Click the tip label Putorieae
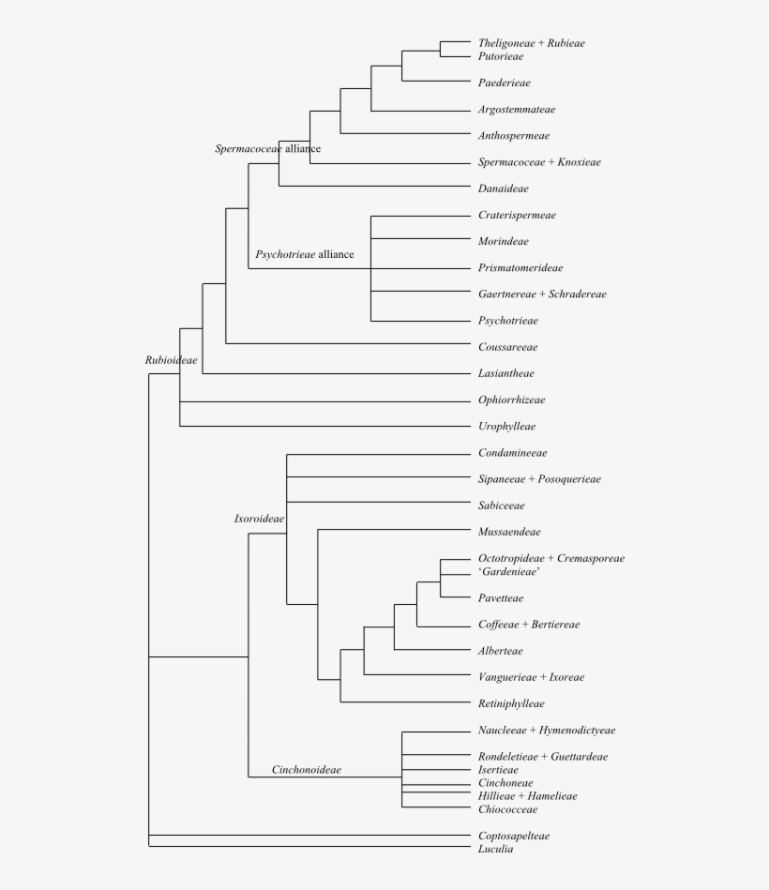click(x=500, y=57)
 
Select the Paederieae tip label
click(x=504, y=83)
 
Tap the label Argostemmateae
click(x=516, y=110)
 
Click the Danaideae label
click(x=503, y=189)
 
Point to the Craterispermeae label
click(x=517, y=215)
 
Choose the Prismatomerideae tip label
click(x=520, y=268)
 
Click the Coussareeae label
click(x=507, y=347)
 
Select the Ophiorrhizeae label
click(x=511, y=400)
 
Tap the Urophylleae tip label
click(x=506, y=427)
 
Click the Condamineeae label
click(x=512, y=453)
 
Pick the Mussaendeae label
click(x=509, y=532)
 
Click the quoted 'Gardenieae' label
click(x=508, y=572)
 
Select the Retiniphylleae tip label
click(x=511, y=703)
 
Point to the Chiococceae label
click(x=507, y=809)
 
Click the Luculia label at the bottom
click(x=495, y=849)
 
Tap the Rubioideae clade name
click(x=171, y=360)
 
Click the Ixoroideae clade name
click(x=259, y=519)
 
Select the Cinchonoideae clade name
click(x=306, y=770)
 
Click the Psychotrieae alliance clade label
click(x=305, y=254)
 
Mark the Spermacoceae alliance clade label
click(x=267, y=149)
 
